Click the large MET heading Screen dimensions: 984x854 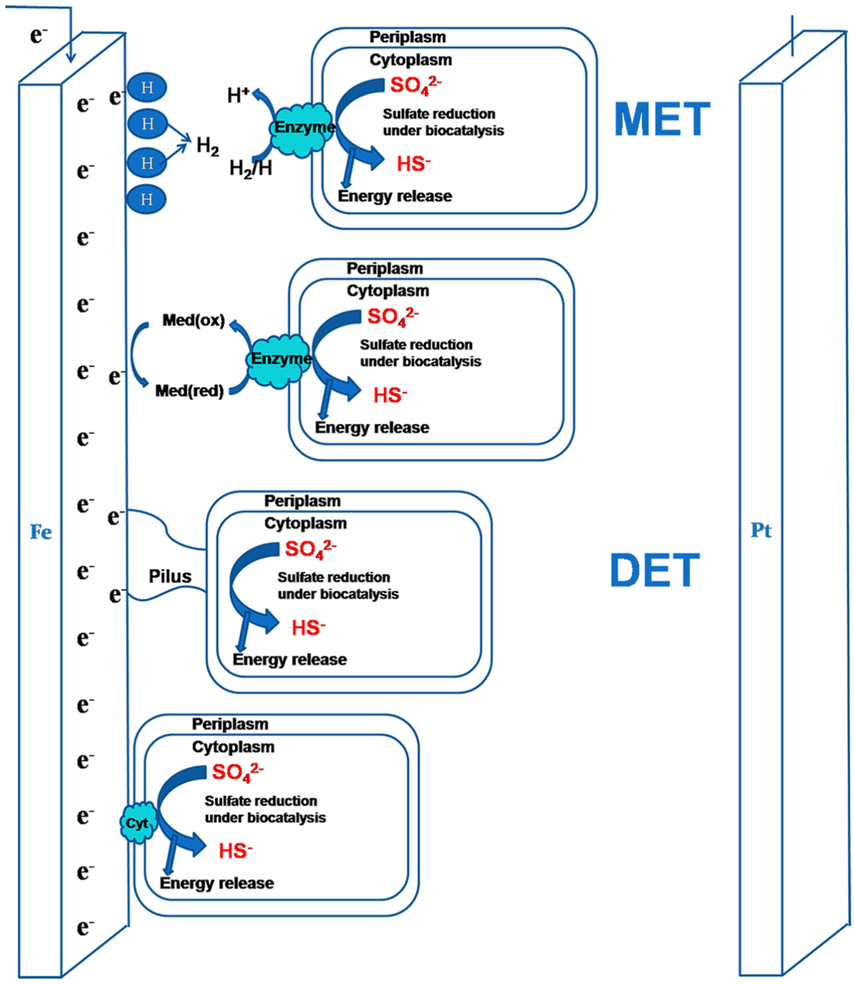(662, 120)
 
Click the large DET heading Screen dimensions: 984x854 (655, 571)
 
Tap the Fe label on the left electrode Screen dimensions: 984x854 (41, 532)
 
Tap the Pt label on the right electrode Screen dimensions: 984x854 (761, 530)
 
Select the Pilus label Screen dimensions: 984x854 (170, 576)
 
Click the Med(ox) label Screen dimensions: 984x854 (194, 320)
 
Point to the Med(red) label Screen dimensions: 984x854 (189, 391)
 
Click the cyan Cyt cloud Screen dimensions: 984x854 (138, 823)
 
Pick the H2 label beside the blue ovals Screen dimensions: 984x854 (207, 146)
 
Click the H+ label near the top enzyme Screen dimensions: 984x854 (238, 96)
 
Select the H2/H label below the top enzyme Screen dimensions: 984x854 (251, 168)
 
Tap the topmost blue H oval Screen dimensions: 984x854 (147, 87)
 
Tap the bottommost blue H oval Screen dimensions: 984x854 (147, 200)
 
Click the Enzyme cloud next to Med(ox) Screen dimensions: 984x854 (280, 359)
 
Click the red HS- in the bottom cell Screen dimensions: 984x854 (235, 851)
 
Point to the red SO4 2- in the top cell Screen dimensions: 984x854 (415, 85)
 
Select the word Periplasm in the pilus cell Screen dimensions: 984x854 (302, 501)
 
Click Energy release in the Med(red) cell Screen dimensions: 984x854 (372, 427)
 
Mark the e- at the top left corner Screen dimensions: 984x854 (39, 35)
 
